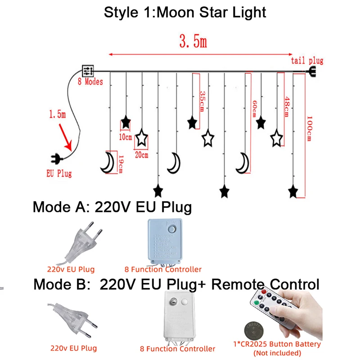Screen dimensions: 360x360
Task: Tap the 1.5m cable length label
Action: tap(57, 115)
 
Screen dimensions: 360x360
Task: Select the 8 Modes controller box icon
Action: tap(88, 71)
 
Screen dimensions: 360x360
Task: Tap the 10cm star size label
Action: tap(125, 137)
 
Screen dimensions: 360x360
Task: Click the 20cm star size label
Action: tap(141, 155)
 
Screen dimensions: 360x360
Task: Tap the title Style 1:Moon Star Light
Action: tap(185, 12)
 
